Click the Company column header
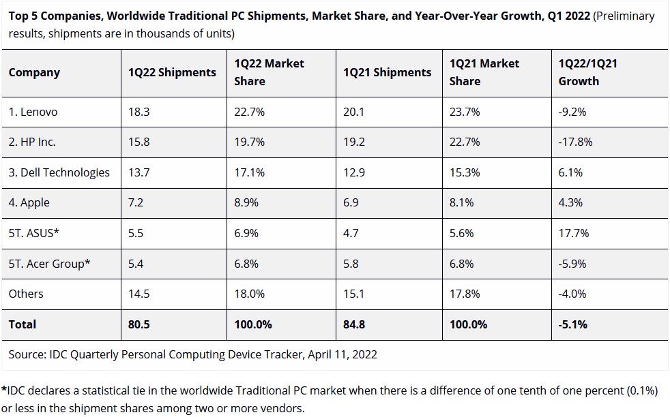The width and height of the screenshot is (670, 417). click(34, 72)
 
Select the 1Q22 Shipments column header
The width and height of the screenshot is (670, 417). click(172, 72)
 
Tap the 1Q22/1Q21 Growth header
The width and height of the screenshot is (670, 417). click(587, 72)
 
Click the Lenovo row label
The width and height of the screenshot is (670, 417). click(33, 112)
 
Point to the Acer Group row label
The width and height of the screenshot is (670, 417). click(49, 264)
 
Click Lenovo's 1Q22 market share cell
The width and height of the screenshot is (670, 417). click(250, 112)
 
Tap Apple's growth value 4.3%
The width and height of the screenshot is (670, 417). click(570, 202)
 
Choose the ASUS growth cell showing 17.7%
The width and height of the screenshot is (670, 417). click(573, 233)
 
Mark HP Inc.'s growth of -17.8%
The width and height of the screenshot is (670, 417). click(576, 142)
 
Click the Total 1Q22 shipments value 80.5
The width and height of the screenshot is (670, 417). click(139, 324)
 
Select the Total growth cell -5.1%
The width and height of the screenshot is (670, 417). click(573, 324)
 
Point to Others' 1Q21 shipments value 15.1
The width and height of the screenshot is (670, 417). click(353, 294)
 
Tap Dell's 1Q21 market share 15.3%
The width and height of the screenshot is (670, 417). click(465, 172)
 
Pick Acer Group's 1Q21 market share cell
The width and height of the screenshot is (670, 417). click(462, 264)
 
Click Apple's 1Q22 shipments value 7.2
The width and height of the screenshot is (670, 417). click(136, 202)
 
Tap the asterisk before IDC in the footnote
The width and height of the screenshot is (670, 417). click(4, 390)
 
